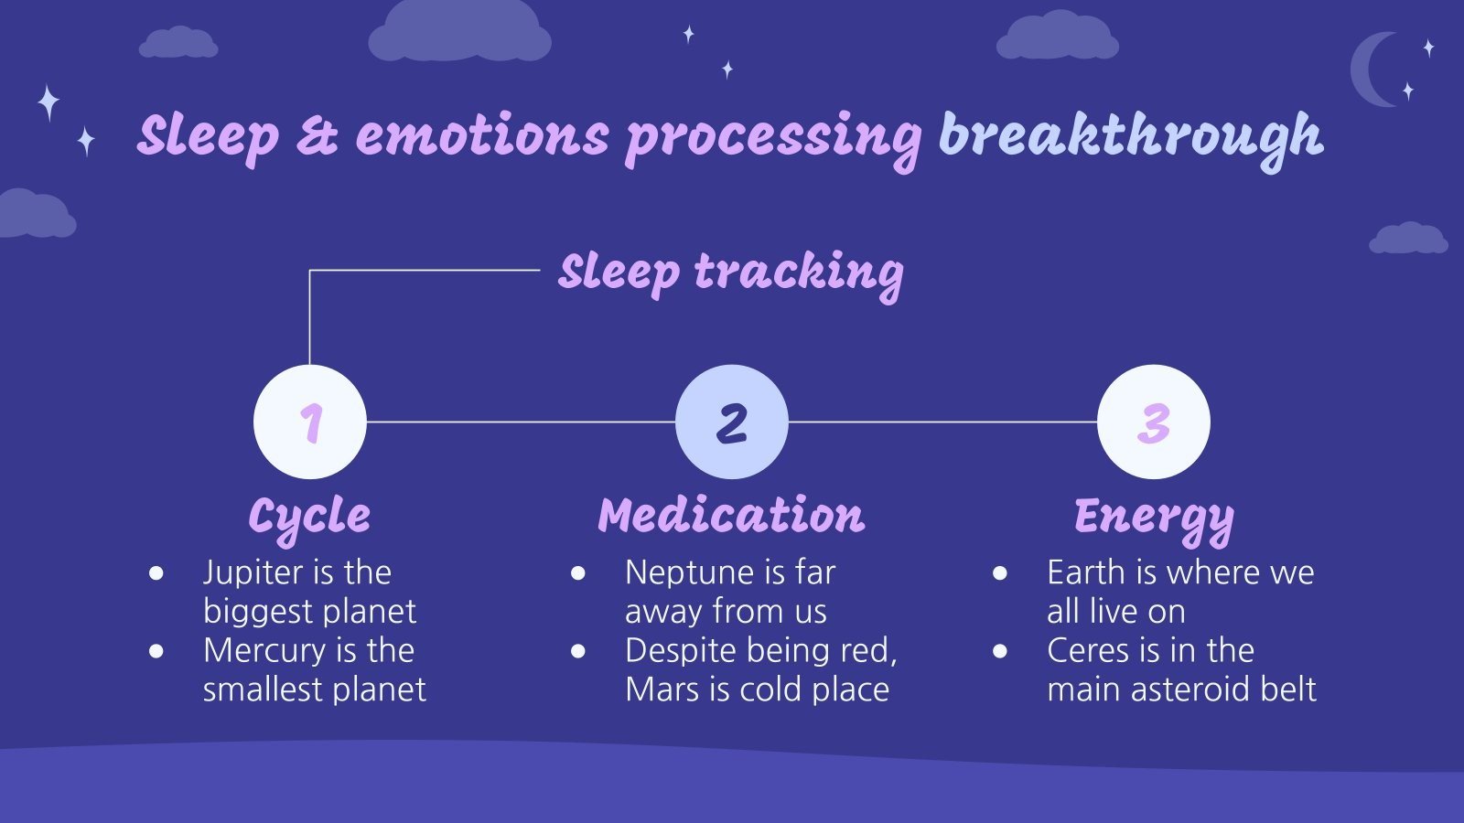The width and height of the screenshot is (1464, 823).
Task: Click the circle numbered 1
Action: click(309, 422)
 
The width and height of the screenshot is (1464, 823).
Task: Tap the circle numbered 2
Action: click(731, 422)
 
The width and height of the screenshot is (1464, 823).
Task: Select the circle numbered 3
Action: click(1153, 422)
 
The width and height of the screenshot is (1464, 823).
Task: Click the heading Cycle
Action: click(309, 517)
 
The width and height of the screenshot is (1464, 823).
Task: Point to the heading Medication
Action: click(731, 515)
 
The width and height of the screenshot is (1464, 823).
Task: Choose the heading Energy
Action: click(1153, 517)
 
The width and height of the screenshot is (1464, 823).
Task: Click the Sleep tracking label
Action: click(730, 272)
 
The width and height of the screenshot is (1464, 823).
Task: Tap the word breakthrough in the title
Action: click(1130, 136)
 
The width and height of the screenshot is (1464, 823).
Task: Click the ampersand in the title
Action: click(317, 135)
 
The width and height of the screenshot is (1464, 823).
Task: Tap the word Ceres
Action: click(1088, 650)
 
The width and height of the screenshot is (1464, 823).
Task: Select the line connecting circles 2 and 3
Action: click(942, 422)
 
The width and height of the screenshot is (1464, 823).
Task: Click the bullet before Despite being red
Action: click(578, 651)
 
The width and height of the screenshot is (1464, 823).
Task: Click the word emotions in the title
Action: click(482, 135)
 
